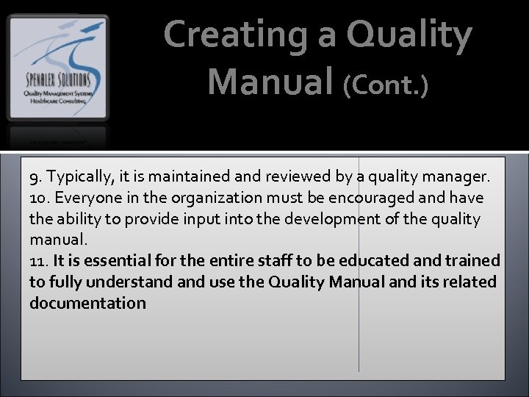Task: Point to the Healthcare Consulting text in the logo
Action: point(57,101)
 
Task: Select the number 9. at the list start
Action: point(35,177)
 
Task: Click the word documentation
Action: point(87,303)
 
